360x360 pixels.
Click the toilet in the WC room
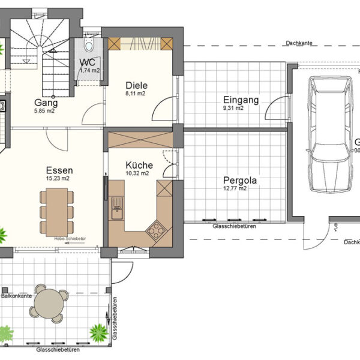89,45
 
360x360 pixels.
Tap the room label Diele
136,85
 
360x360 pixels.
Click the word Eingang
241,100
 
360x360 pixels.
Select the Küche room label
139,165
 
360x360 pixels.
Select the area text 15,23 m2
58,178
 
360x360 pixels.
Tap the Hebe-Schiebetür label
70,239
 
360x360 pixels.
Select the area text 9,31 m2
233,109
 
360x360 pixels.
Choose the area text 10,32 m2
137,173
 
